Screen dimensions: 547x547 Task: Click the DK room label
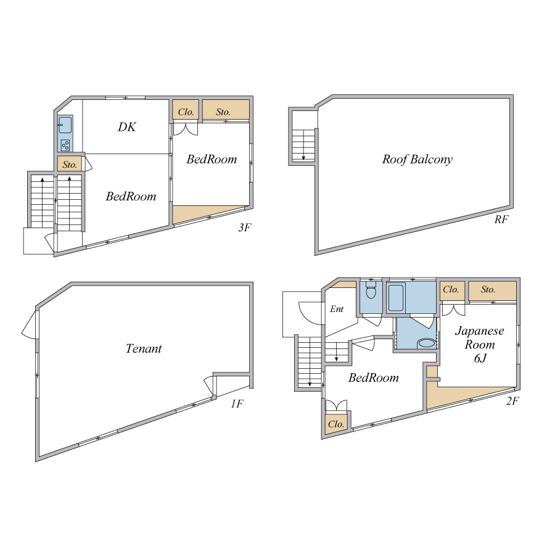pyautogui.click(x=126, y=126)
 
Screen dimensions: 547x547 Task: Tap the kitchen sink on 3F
pyautogui.click(x=65, y=125)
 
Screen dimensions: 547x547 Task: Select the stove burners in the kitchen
pyautogui.click(x=65, y=145)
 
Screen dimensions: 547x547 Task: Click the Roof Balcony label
pyautogui.click(x=417, y=160)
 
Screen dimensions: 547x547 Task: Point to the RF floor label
pyautogui.click(x=501, y=220)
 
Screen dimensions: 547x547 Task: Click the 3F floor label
pyautogui.click(x=245, y=228)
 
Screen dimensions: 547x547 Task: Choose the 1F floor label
pyautogui.click(x=237, y=404)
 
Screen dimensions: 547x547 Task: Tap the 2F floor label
pyautogui.click(x=512, y=401)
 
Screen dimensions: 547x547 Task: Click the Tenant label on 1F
pyautogui.click(x=144, y=348)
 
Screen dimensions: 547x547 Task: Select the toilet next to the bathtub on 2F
pyautogui.click(x=371, y=291)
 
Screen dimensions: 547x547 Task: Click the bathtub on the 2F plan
pyautogui.click(x=396, y=298)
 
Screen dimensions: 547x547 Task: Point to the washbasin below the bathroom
pyautogui.click(x=427, y=343)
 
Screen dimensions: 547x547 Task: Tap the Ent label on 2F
pyautogui.click(x=337, y=309)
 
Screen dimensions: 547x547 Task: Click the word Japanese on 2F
pyautogui.click(x=479, y=331)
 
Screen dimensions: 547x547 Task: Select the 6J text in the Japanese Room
pyautogui.click(x=480, y=358)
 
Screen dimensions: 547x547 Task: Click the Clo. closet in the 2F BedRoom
pyautogui.click(x=336, y=424)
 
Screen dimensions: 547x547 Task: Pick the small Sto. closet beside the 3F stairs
pyautogui.click(x=70, y=164)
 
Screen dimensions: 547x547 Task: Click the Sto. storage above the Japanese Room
pyautogui.click(x=492, y=290)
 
